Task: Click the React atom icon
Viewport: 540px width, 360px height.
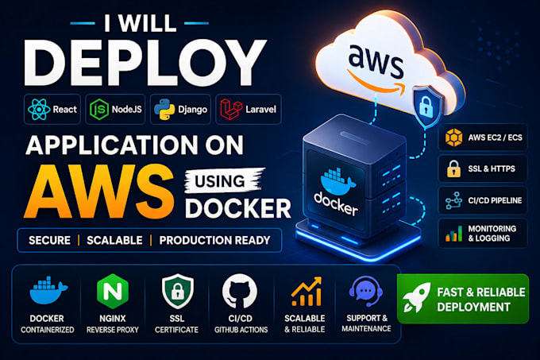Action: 39,109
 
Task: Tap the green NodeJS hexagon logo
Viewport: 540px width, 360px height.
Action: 98,109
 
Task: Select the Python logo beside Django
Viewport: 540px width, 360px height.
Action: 164,109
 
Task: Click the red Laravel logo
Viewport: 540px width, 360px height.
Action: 231,109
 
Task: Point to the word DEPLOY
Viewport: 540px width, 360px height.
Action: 145,62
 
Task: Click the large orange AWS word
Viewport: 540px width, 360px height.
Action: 98,192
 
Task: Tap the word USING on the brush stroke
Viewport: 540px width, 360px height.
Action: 220,181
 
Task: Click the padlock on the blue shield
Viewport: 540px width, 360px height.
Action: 426,106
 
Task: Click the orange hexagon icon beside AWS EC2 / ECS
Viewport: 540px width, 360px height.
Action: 453,137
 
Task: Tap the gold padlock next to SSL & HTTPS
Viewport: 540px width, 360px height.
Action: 453,168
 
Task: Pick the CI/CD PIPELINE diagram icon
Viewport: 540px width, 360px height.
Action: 453,200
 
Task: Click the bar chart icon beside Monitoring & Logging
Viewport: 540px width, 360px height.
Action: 453,233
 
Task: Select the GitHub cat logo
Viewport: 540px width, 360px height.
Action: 240,292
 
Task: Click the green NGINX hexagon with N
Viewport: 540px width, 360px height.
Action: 113,292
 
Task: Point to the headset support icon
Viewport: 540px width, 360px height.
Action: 366,291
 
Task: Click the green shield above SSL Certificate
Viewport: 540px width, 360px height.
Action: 177,291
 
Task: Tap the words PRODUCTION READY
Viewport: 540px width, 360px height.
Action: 214,240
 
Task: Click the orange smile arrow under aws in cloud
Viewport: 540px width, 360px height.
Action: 376,83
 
